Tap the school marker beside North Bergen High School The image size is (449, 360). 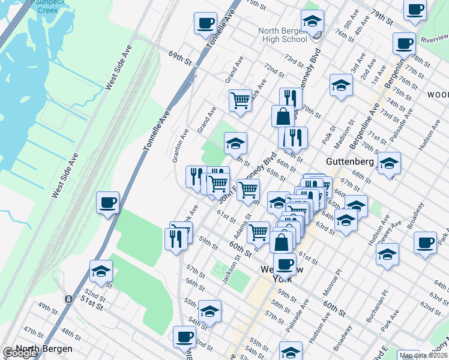(x=312, y=22)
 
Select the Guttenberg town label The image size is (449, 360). (x=350, y=161)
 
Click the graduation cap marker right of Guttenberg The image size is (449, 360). (x=389, y=163)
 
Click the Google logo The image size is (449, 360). (x=20, y=353)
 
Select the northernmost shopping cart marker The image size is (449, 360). (x=240, y=100)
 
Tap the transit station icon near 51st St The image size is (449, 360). (x=69, y=298)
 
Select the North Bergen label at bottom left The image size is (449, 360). (x=44, y=349)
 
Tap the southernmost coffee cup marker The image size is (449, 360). (x=184, y=337)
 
